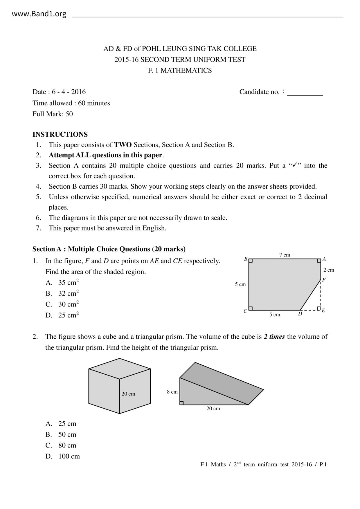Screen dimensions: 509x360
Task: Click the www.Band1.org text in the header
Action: (39, 14)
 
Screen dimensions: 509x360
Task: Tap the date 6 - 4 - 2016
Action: (69, 92)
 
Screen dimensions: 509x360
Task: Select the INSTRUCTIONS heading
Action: (60, 134)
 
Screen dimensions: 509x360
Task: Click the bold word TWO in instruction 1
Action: (123, 145)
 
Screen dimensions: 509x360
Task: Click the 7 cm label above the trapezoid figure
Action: (285, 255)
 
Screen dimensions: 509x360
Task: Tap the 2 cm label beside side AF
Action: (329, 270)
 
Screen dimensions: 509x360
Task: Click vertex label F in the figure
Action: (324, 280)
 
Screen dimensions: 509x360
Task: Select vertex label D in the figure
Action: (300, 314)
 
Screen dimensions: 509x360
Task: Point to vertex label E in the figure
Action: (323, 311)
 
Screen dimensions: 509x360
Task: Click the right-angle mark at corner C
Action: (251, 308)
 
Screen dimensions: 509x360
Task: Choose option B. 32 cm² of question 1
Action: (62, 293)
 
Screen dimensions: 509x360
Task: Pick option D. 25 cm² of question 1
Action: (62, 315)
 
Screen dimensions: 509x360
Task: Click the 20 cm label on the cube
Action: (128, 394)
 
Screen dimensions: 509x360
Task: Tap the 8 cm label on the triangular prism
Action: (172, 392)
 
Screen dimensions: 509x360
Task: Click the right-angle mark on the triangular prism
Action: (181, 403)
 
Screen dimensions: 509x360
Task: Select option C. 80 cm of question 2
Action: (61, 445)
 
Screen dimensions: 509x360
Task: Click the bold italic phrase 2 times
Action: (274, 337)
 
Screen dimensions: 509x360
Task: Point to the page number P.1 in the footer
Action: (323, 465)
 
